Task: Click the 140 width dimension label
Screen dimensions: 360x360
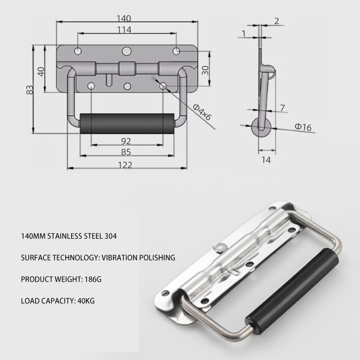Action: tap(124, 18)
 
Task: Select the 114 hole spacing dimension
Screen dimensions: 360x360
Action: tap(124, 30)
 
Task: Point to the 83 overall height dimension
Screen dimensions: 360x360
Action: tap(30, 90)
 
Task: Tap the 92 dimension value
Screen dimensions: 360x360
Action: tap(126, 141)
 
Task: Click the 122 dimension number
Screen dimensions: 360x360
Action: tap(125, 165)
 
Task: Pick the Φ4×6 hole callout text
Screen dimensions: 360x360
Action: tap(202, 112)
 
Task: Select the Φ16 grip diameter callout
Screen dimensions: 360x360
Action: tap(303, 127)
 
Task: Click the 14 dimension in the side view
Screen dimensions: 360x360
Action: tap(266, 160)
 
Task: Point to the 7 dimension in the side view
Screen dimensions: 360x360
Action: tap(283, 108)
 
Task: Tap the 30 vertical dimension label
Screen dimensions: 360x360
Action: tap(205, 70)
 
